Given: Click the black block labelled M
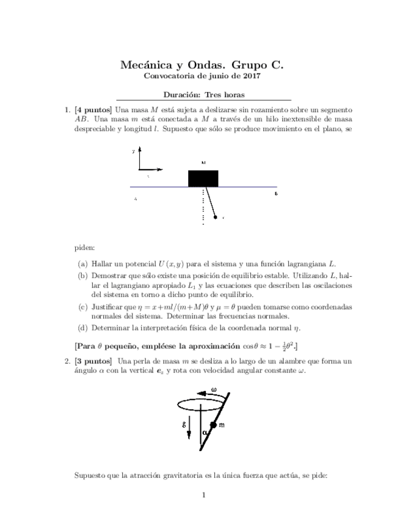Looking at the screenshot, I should (203, 178).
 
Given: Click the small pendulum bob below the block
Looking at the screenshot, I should (215, 216).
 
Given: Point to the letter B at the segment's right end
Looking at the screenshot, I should (276, 193).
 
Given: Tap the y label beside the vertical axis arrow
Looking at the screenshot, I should (133, 150).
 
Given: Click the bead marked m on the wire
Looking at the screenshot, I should (213, 424).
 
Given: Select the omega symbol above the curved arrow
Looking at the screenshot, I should (213, 390).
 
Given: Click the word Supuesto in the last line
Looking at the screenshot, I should (89, 474).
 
